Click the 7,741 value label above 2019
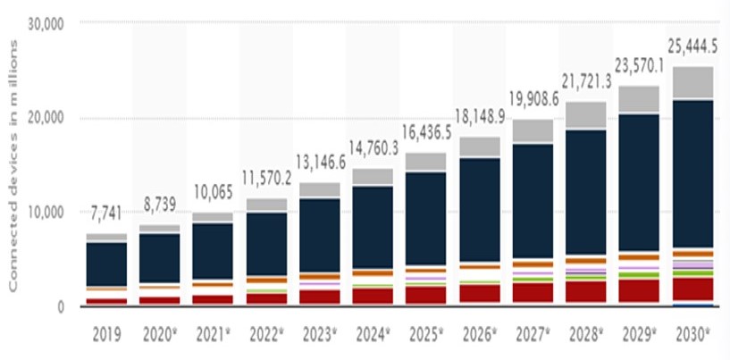point(106,213)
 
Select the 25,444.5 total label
point(693,46)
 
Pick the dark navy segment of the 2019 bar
point(106,264)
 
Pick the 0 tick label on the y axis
point(60,307)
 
